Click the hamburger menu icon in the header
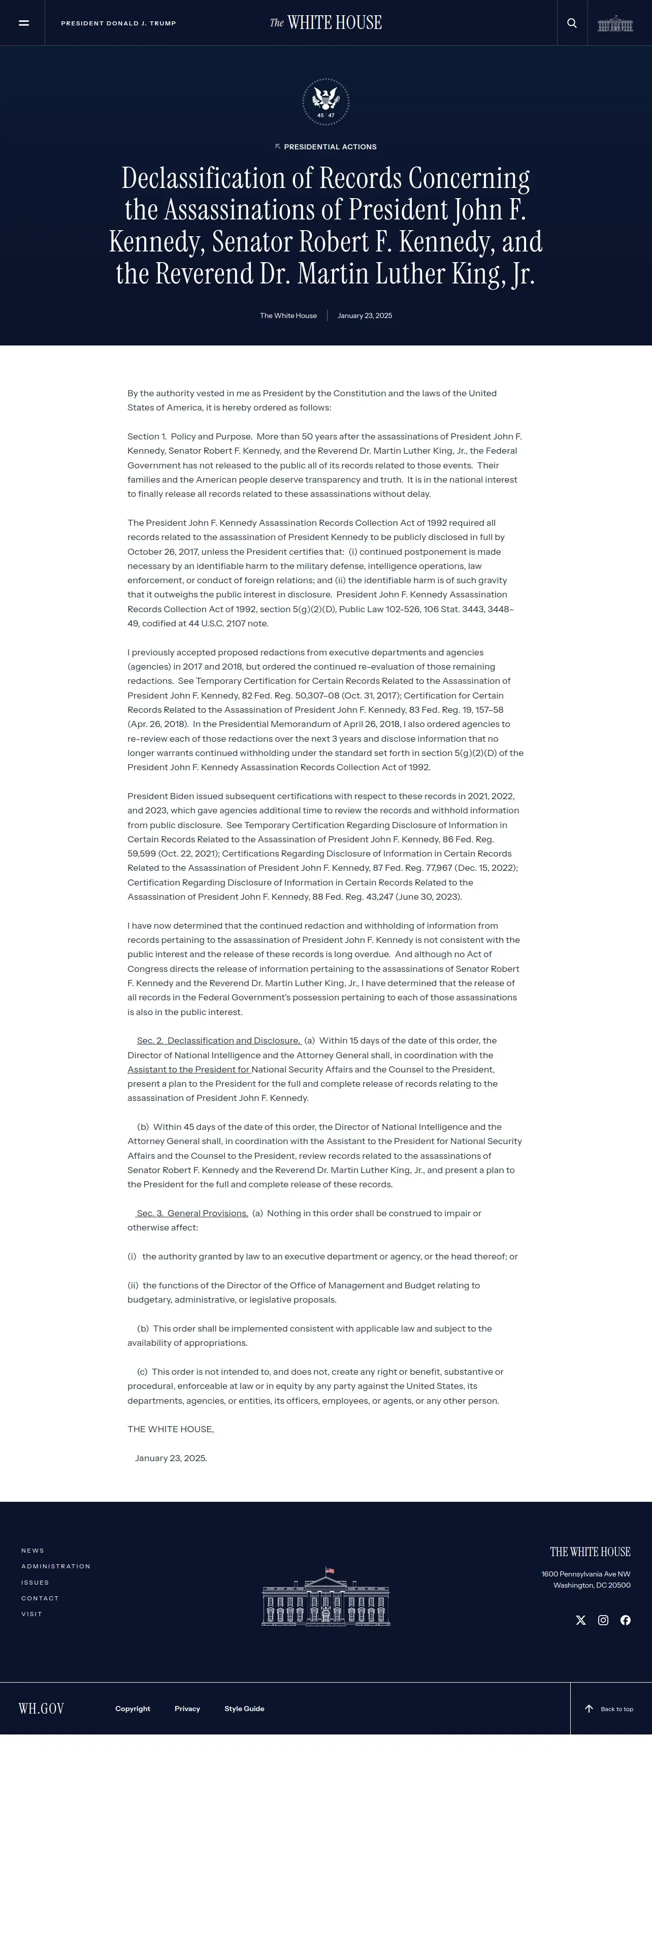tap(23, 23)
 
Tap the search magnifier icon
tap(572, 23)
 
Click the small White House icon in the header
tap(615, 23)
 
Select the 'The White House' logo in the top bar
tap(325, 23)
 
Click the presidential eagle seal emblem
tap(325, 101)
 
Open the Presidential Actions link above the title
tap(327, 147)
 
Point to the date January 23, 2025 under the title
tap(364, 315)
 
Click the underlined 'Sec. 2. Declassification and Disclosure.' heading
tap(218, 1040)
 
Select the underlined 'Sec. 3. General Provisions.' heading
tap(192, 1213)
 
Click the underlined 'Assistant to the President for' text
tap(188, 1069)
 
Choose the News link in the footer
tap(32, 1550)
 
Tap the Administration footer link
tap(55, 1566)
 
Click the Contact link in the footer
tap(40, 1598)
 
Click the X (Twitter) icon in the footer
tap(580, 1620)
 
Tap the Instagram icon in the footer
tap(603, 1620)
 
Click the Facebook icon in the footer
tap(626, 1620)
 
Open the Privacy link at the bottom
tap(187, 1709)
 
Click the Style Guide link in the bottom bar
tap(244, 1709)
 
